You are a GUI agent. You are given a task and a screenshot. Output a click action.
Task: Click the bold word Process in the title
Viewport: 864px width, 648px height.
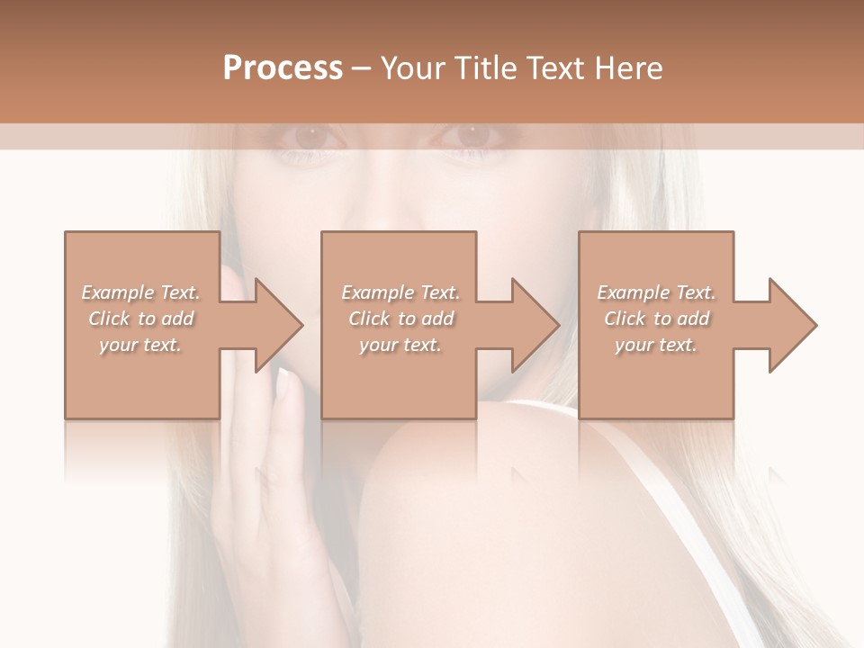tap(283, 68)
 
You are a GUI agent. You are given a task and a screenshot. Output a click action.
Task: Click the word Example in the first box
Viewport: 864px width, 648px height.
tap(117, 292)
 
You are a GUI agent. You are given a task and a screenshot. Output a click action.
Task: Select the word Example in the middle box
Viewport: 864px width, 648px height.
tap(377, 292)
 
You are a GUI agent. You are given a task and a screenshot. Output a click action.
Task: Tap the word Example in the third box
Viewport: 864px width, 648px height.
tap(633, 292)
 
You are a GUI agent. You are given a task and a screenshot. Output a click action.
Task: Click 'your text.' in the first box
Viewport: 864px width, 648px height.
tap(140, 345)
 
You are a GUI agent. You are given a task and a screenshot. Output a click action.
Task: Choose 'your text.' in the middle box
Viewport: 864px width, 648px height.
tap(400, 345)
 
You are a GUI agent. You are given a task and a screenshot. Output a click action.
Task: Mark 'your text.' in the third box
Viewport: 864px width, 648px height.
tap(656, 345)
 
